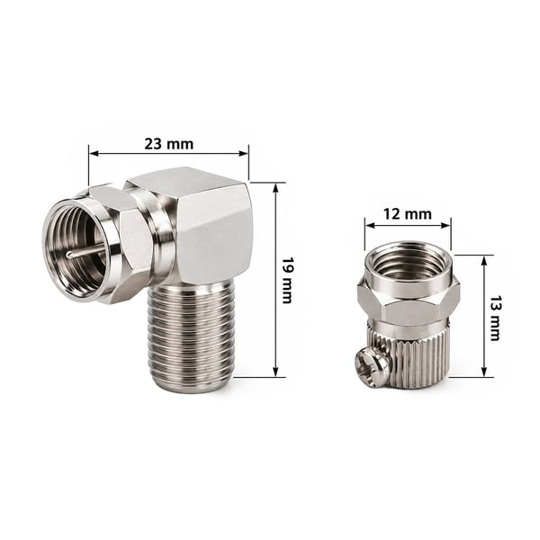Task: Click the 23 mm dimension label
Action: pos(169,144)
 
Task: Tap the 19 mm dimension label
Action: pos(287,280)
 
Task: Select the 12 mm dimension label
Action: pos(407,214)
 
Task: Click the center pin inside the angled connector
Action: pos(85,250)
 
